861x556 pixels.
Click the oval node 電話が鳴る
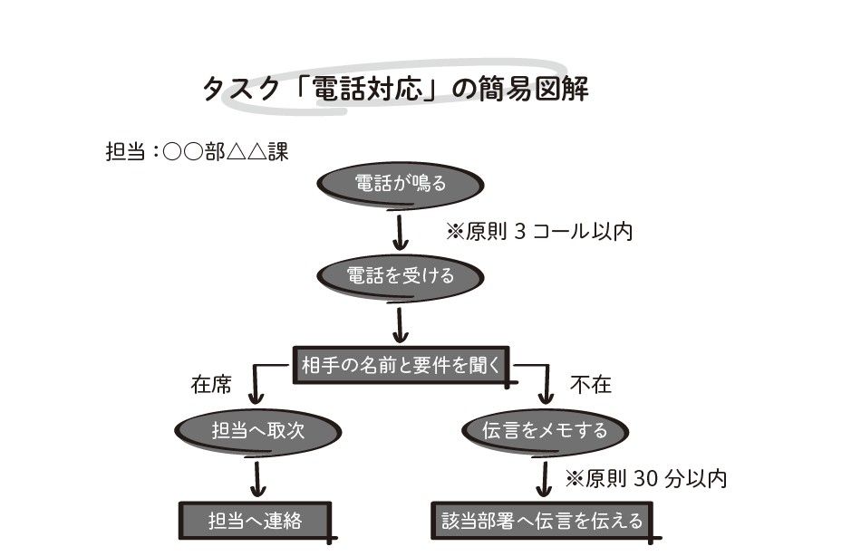[400, 185]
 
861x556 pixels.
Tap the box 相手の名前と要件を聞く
[400, 365]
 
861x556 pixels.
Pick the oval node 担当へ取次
[256, 430]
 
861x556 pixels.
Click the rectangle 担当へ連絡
[255, 521]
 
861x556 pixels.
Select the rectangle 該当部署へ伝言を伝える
[542, 521]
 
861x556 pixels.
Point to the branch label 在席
[210, 385]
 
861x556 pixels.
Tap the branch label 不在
[590, 385]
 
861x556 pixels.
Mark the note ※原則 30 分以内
[645, 478]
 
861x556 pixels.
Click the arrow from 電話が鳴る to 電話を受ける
[400, 231]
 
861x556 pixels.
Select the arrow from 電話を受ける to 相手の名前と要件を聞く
[400, 323]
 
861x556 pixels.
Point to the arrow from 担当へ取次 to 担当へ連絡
[256, 477]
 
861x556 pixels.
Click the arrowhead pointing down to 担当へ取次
[256, 396]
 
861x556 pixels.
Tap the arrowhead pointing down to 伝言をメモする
[545, 396]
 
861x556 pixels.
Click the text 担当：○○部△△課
[197, 151]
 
